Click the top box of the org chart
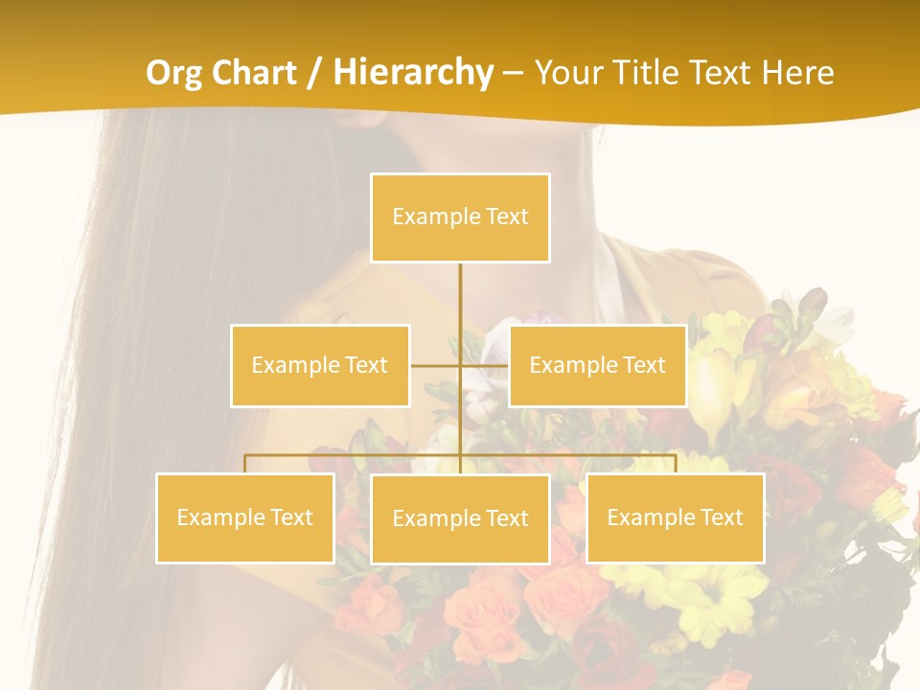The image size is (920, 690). [460, 218]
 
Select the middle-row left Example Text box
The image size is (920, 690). [320, 365]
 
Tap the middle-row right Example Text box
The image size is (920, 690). [597, 365]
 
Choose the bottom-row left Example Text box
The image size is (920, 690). [244, 517]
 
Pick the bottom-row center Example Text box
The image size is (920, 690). [460, 518]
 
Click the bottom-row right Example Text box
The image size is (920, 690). [675, 517]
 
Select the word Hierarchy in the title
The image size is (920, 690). [412, 73]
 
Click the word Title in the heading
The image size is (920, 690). [651, 73]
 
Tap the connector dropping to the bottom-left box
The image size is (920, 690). [244, 463]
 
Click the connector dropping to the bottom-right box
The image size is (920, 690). [675, 463]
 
